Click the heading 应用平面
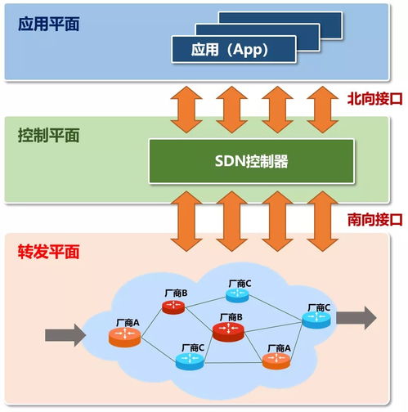click(47, 20)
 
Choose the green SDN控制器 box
click(251, 160)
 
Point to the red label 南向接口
click(374, 219)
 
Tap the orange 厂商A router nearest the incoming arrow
click(124, 335)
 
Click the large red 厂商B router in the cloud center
click(229, 329)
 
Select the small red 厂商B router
click(173, 307)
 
